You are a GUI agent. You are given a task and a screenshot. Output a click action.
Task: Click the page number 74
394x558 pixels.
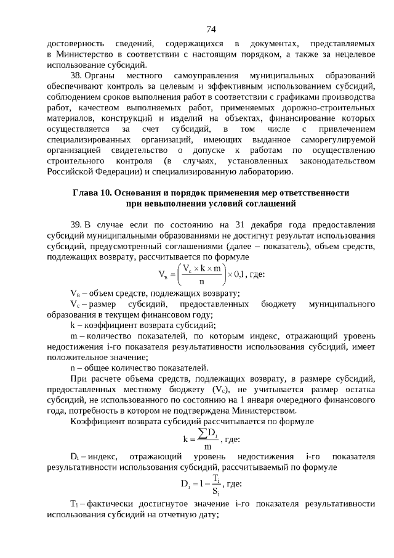211,29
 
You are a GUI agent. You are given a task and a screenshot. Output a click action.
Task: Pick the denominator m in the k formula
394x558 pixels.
208,446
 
